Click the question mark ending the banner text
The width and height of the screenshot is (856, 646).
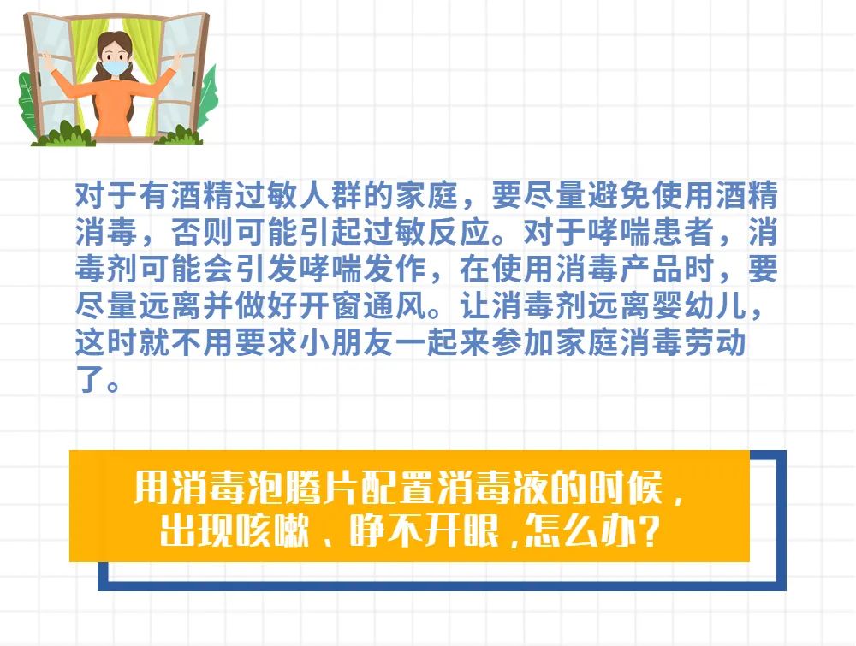tap(649, 530)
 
